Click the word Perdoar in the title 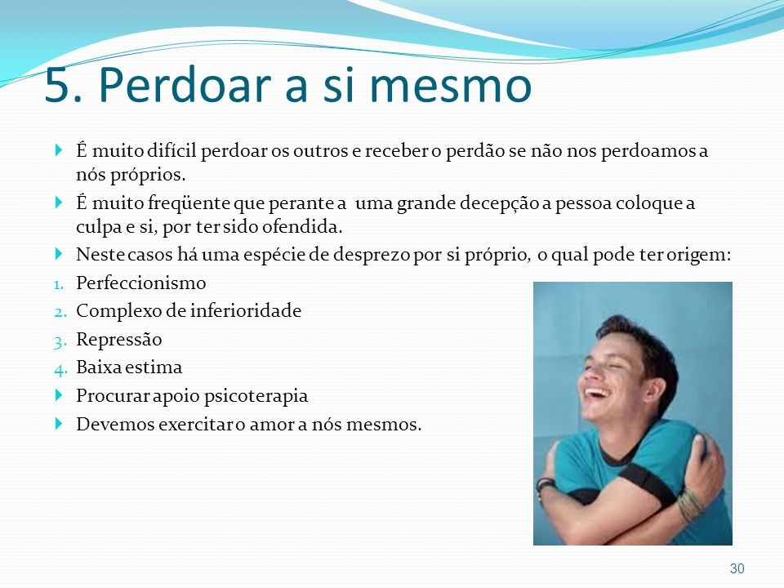click(186, 84)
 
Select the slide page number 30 click(737, 568)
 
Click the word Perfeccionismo click(141, 283)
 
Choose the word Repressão click(119, 340)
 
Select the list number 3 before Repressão click(60, 341)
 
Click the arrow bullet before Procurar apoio click(59, 395)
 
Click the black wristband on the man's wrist click(545, 484)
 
